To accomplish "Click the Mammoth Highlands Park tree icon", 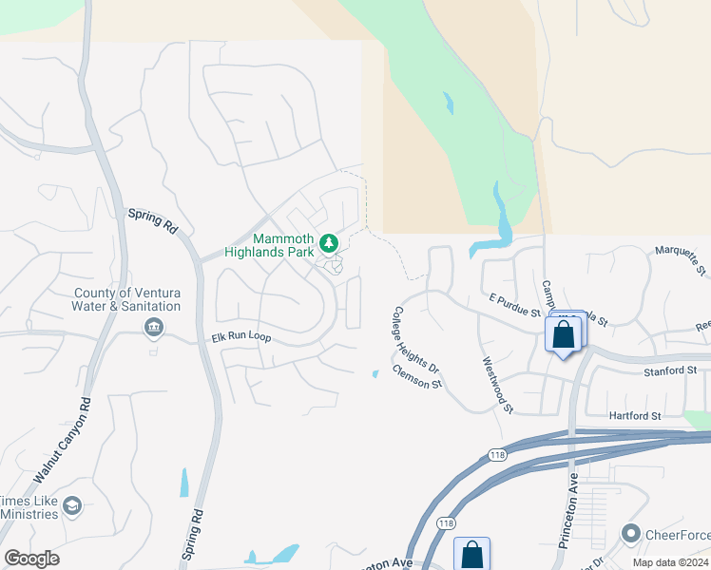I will [329, 244].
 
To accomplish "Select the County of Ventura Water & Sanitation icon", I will [153, 328].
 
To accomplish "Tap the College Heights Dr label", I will [416, 339].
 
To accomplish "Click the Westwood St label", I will [497, 385].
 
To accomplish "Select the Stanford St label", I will [671, 370].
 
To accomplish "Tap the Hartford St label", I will [635, 416].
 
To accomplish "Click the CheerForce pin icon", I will [630, 535].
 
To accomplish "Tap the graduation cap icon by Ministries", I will [72, 507].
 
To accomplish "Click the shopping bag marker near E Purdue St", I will [564, 335].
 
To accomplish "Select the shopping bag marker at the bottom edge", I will [472, 555].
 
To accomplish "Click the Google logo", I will [31, 559].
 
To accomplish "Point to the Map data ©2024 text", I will [670, 561].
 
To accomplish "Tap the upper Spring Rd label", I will [154, 221].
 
